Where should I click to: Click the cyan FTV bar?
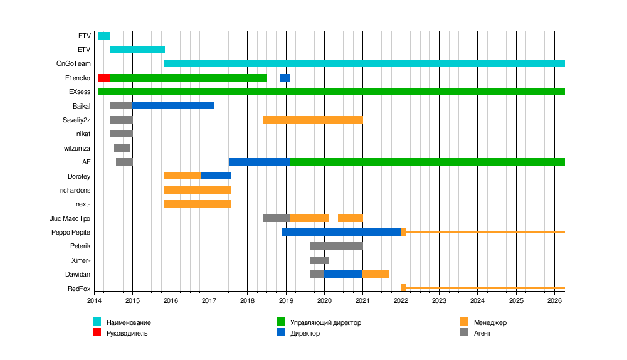click(104, 36)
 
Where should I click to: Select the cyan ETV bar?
click(137, 50)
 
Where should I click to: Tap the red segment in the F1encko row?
click(104, 78)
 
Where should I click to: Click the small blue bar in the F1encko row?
click(285, 78)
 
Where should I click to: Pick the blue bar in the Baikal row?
click(173, 105)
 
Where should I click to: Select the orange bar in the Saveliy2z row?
click(313, 120)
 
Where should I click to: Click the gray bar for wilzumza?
click(122, 148)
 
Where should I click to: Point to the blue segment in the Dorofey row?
click(216, 176)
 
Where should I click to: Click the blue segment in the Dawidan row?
click(343, 274)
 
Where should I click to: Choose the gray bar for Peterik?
click(336, 246)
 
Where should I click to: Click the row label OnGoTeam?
click(73, 64)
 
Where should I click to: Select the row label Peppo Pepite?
click(71, 232)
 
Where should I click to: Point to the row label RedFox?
click(79, 289)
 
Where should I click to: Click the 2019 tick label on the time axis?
click(286, 301)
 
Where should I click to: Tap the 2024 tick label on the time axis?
click(477, 301)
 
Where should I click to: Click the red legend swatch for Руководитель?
click(97, 332)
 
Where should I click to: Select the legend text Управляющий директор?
click(325, 322)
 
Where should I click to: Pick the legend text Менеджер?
click(490, 322)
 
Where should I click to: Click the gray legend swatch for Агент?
click(464, 332)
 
